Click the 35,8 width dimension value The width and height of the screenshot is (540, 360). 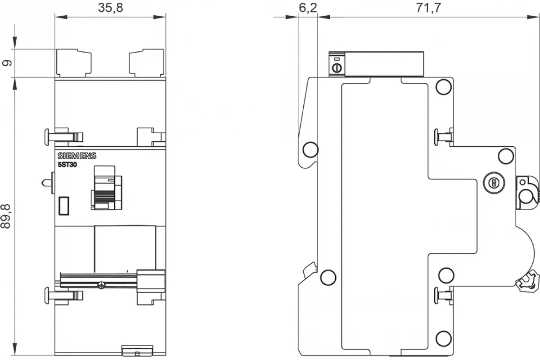(x=110, y=8)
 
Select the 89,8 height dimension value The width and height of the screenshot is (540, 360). (x=6, y=216)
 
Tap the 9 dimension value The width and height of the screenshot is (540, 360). (x=7, y=63)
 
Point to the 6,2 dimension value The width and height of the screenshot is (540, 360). (x=308, y=8)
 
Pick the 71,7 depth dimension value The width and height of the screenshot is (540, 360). (x=428, y=8)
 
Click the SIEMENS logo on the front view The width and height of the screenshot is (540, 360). (x=77, y=156)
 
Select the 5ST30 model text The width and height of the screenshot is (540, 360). (x=67, y=165)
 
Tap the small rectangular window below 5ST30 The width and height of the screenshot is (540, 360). (x=64, y=206)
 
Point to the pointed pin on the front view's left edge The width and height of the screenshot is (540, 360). (x=48, y=183)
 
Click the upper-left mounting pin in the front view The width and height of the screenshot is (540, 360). (x=63, y=137)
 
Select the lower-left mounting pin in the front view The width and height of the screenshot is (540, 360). (x=63, y=295)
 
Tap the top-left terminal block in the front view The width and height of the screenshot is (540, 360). (x=74, y=63)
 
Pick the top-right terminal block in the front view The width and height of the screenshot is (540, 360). (x=147, y=63)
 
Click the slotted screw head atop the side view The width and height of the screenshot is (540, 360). (x=337, y=68)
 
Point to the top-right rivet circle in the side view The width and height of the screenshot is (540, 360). (x=444, y=87)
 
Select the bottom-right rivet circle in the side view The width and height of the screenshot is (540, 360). (x=444, y=338)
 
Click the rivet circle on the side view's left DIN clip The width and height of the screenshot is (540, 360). (x=310, y=149)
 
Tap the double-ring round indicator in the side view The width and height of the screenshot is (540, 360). (x=494, y=183)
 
